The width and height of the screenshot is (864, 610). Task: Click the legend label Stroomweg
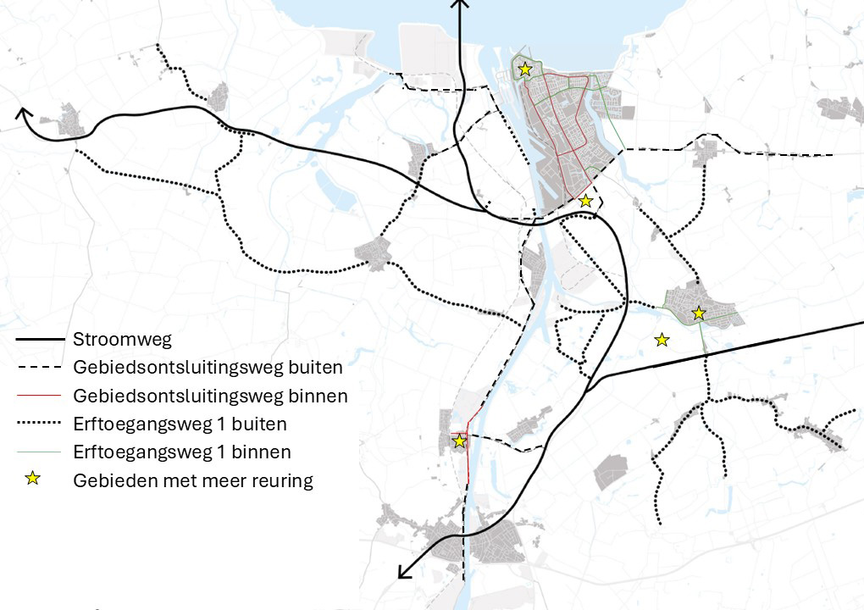(x=122, y=340)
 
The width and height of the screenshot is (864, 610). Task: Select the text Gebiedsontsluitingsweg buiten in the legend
(x=208, y=368)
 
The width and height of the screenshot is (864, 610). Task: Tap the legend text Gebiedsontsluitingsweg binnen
(x=210, y=396)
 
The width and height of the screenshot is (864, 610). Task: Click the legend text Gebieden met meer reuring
(x=193, y=480)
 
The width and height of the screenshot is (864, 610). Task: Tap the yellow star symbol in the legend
(x=33, y=480)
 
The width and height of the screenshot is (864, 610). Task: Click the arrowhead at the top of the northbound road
(x=460, y=4)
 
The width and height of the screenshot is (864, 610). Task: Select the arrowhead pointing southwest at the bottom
(x=403, y=574)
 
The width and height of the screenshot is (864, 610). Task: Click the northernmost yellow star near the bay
(x=525, y=69)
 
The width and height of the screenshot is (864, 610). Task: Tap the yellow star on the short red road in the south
(x=459, y=441)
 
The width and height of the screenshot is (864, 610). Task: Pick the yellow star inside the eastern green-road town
(x=698, y=313)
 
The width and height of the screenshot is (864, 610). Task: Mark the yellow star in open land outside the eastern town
(x=662, y=340)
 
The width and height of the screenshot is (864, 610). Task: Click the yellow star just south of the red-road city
(x=585, y=201)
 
